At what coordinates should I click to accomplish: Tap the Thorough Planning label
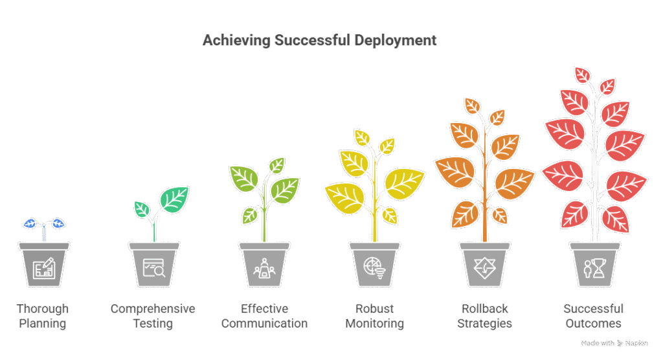click(x=43, y=315)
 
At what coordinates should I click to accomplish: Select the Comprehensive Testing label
click(x=153, y=315)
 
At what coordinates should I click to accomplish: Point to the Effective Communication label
click(x=264, y=315)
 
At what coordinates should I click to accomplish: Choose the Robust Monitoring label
click(x=375, y=315)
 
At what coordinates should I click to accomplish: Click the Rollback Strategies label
click(x=485, y=315)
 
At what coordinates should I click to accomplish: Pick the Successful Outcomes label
click(x=593, y=315)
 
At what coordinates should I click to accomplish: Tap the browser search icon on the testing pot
click(x=154, y=268)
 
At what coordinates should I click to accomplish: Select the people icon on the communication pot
click(x=264, y=268)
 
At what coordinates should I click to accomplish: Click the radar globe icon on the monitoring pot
click(x=375, y=268)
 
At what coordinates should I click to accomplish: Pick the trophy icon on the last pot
click(x=594, y=268)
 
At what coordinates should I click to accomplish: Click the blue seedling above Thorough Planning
click(x=44, y=224)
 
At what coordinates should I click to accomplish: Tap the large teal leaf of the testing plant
click(x=174, y=198)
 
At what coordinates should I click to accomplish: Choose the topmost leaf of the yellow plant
click(x=361, y=137)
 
